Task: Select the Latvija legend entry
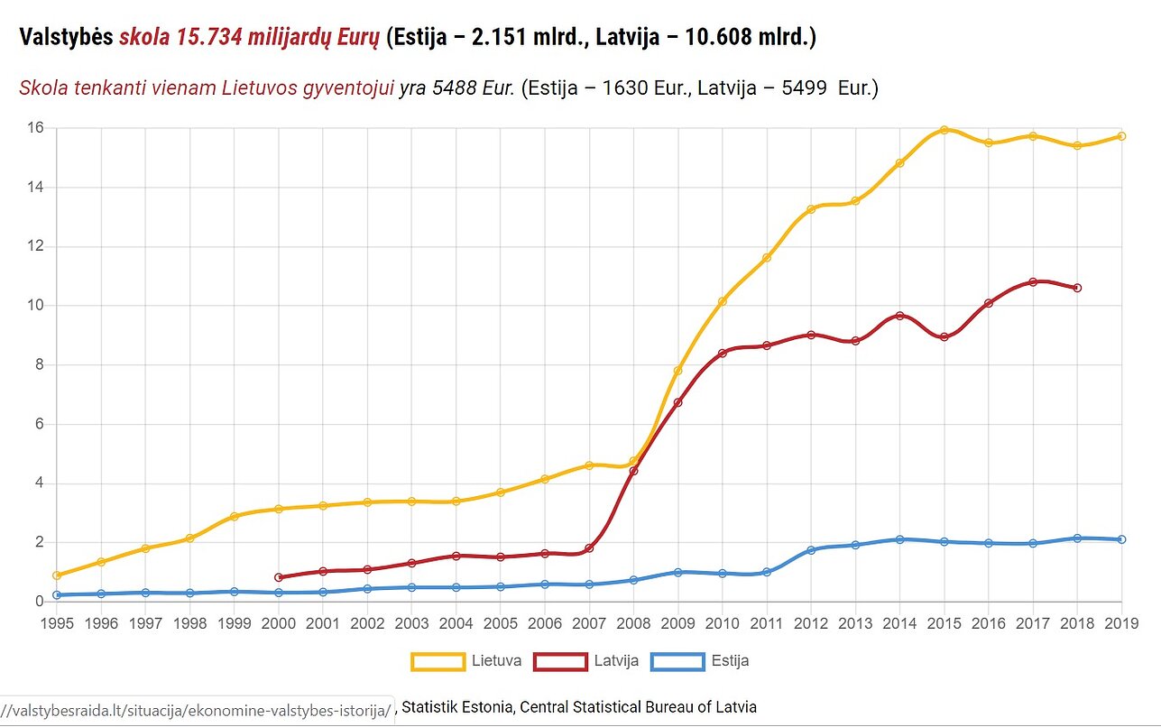586,661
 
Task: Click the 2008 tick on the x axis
634,623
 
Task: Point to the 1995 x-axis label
57,623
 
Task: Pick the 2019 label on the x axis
1121,623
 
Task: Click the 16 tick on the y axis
35,128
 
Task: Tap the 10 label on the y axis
35,306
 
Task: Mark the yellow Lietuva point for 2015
944,130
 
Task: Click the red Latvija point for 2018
1077,288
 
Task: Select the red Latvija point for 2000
279,577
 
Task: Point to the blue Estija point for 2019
1121,539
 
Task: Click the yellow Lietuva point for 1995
57,575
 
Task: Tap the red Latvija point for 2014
899,316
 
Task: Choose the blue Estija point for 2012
811,550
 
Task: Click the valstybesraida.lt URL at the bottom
198,711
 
